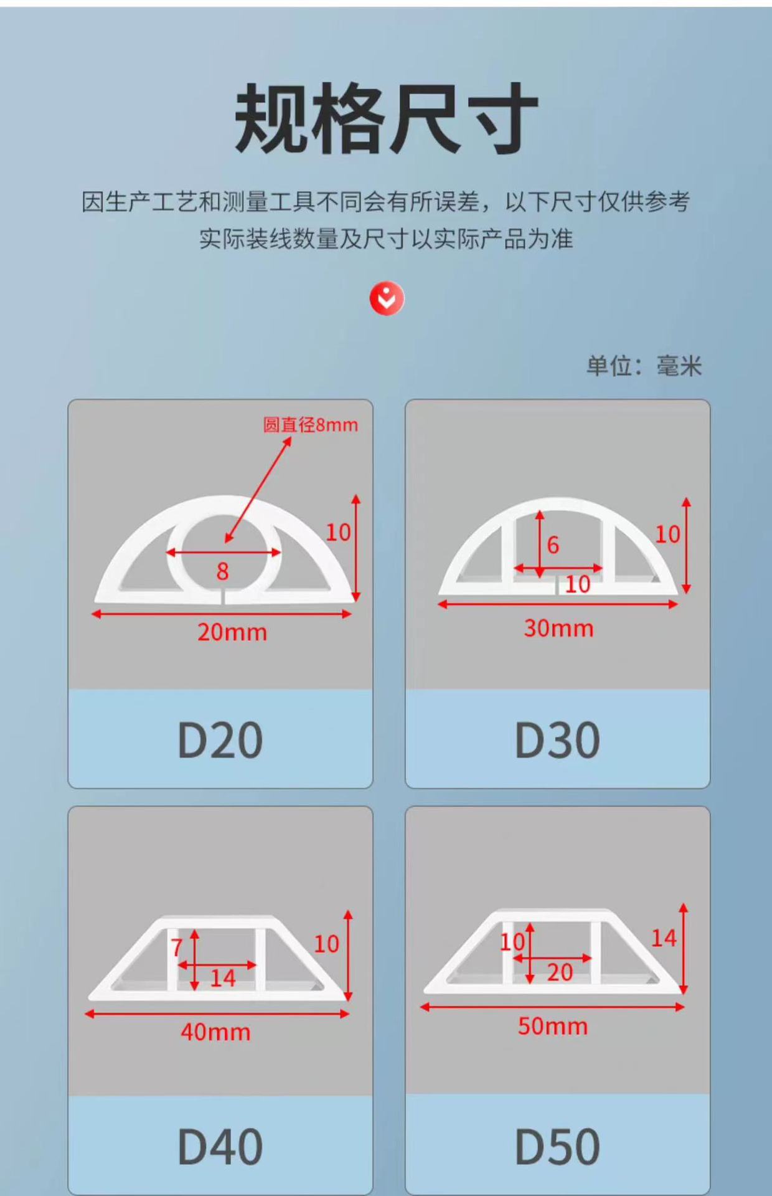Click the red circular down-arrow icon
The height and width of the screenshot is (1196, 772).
[x=387, y=299]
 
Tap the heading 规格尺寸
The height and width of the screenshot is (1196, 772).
[x=386, y=118]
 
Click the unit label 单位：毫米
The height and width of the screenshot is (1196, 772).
[x=644, y=366]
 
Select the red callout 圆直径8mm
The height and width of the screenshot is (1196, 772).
[x=311, y=425]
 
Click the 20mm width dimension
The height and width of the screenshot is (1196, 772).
[x=232, y=632]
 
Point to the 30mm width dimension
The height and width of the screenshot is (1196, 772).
[x=558, y=628]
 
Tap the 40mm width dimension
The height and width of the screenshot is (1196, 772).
[x=215, y=1032]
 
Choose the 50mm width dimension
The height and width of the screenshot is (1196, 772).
[x=553, y=1026]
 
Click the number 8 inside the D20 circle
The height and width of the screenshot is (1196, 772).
[x=222, y=571]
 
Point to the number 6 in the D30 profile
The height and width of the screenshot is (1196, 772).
[x=553, y=545]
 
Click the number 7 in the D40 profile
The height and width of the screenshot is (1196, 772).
[x=177, y=947]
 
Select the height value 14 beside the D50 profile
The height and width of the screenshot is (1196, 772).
[x=664, y=938]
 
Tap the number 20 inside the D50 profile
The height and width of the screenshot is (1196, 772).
[x=560, y=972]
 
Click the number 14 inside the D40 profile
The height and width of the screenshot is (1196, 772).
[x=222, y=979]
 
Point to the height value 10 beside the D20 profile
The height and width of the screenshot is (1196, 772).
[x=338, y=533]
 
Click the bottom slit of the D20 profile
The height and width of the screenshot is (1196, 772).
[x=224, y=599]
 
